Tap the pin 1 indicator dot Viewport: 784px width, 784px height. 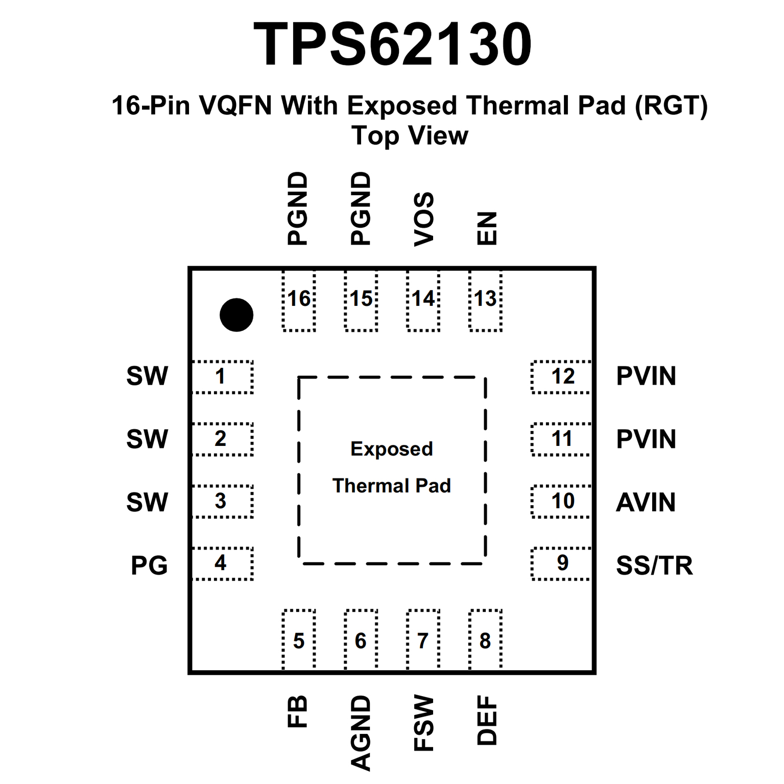tap(236, 315)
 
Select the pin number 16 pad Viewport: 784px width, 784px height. tap(299, 300)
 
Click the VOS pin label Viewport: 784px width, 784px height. tap(424, 219)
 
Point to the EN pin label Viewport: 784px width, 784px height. tap(487, 229)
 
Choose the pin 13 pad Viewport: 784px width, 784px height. tap(485, 300)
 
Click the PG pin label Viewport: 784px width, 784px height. tap(149, 565)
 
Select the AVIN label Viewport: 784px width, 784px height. tap(646, 502)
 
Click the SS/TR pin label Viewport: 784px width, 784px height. tap(654, 565)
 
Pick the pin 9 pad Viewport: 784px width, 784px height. tap(561, 563)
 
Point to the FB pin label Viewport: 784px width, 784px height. tap(297, 711)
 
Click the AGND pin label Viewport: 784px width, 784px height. tap(361, 732)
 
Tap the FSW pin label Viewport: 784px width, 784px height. tap(424, 722)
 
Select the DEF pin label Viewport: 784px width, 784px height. tap(487, 720)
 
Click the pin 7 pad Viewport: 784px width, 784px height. tap(423, 639)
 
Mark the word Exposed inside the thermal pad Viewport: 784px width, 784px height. tap(392, 449)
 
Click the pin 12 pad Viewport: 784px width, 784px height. tap(561, 377)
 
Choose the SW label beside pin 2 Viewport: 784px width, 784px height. tap(147, 439)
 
